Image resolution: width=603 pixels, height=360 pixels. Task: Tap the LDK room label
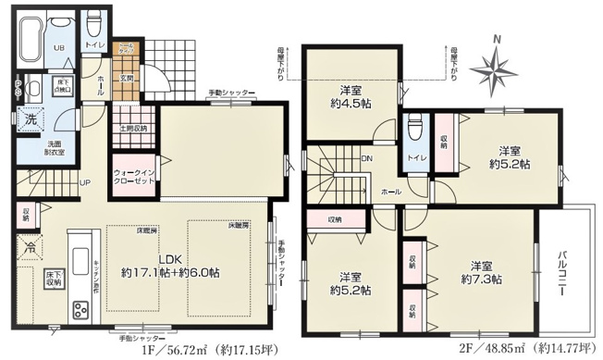[170, 260]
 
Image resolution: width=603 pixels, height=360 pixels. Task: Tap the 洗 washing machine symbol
[31, 119]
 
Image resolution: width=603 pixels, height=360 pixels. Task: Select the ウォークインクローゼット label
[131, 177]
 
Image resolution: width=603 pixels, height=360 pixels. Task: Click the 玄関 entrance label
[125, 79]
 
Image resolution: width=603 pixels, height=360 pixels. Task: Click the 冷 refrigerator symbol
[31, 246]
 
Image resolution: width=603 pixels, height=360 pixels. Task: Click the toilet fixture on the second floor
[414, 125]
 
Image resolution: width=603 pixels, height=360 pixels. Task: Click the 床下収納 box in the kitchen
[54, 279]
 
